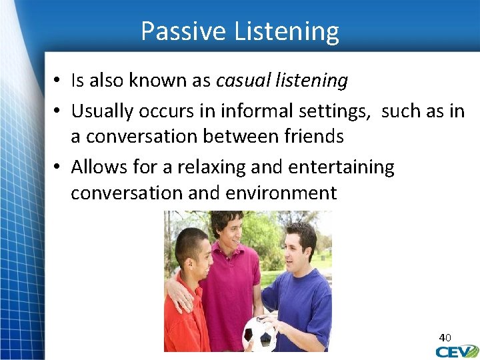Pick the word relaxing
point(207,167)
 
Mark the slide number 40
point(445,338)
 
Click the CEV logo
point(457,351)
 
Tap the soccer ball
point(259,334)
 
